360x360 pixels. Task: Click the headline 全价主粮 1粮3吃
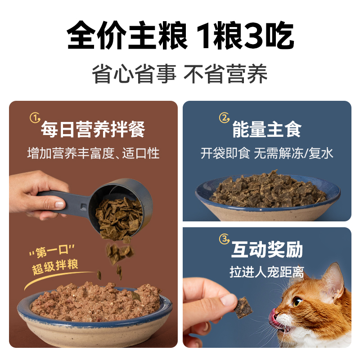pyautogui.click(x=180, y=36)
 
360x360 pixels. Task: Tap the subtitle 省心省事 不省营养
pyautogui.click(x=180, y=73)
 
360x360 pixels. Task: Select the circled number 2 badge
pyautogui.click(x=224, y=118)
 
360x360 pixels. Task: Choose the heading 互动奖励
pyautogui.click(x=266, y=250)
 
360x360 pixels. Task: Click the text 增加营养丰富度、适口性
pyautogui.click(x=93, y=153)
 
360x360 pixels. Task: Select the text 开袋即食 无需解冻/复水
pyautogui.click(x=266, y=153)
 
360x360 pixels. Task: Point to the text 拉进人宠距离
pyautogui.click(x=266, y=272)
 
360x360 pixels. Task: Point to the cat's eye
pyautogui.click(x=297, y=302)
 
